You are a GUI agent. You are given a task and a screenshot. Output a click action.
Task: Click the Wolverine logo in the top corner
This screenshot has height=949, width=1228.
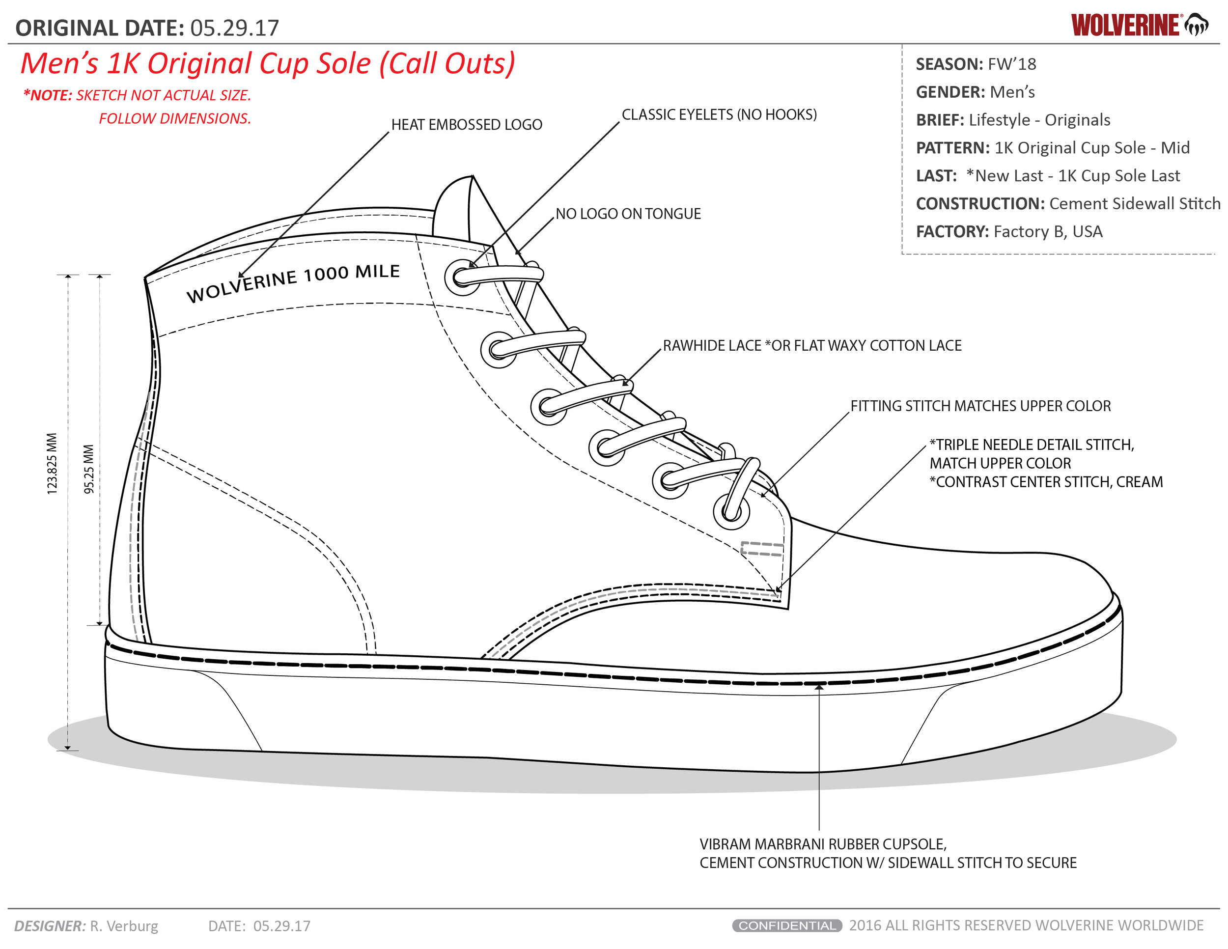pos(1139,26)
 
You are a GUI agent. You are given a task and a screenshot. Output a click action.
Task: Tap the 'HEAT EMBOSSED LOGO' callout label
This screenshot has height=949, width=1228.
pos(467,124)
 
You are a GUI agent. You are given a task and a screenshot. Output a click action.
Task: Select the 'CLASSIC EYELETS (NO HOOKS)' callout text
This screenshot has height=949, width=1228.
pos(719,114)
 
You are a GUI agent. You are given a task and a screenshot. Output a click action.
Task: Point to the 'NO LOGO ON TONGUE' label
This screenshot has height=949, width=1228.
pos(628,214)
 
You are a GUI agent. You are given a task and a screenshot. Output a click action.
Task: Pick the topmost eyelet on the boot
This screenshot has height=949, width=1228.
pos(462,277)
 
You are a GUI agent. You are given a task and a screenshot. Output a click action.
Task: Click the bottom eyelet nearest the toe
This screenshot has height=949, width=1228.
pos(731,512)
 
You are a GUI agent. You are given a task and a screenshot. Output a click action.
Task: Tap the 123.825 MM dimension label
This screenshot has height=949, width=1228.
pos(52,464)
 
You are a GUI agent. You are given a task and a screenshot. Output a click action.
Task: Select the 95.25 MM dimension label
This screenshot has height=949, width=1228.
pos(89,469)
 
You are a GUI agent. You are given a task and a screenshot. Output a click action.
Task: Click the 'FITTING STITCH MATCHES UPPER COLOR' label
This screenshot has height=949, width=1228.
pos(980,406)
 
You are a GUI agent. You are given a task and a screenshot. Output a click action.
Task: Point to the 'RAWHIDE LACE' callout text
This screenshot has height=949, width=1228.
pos(712,345)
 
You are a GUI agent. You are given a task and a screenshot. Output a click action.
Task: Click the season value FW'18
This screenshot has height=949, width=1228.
pos(1012,64)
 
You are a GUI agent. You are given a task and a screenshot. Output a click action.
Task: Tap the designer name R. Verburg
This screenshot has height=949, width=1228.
pos(124,926)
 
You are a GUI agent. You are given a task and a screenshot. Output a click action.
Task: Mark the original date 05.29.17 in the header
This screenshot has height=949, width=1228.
pos(234,28)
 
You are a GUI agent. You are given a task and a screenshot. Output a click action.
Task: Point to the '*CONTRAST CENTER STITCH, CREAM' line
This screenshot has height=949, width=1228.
pos(1046,482)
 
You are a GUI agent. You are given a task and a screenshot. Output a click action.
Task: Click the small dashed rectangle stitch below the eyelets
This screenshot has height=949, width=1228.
pos(762,549)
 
